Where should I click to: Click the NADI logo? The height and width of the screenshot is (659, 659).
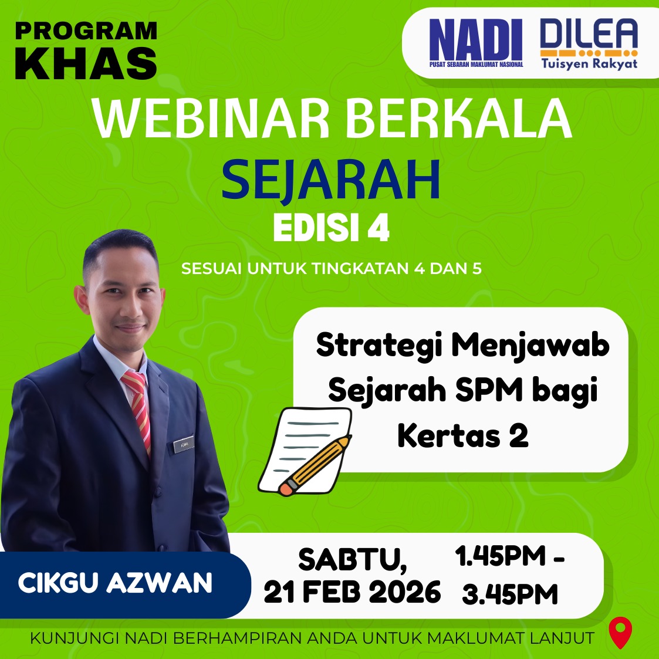476,43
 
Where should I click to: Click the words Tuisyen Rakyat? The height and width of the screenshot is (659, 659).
589,63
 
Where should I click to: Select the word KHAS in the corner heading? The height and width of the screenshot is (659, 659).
86,63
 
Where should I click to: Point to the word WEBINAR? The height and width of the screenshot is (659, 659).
211,119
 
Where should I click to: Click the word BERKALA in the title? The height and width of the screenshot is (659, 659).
458,119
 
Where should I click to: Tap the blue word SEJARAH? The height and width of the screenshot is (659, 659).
331,180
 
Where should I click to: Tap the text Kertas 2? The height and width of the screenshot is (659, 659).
463,435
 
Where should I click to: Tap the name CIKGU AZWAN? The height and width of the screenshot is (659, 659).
115,583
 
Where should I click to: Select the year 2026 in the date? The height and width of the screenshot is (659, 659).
404,592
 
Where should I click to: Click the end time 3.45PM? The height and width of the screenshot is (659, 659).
510,594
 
